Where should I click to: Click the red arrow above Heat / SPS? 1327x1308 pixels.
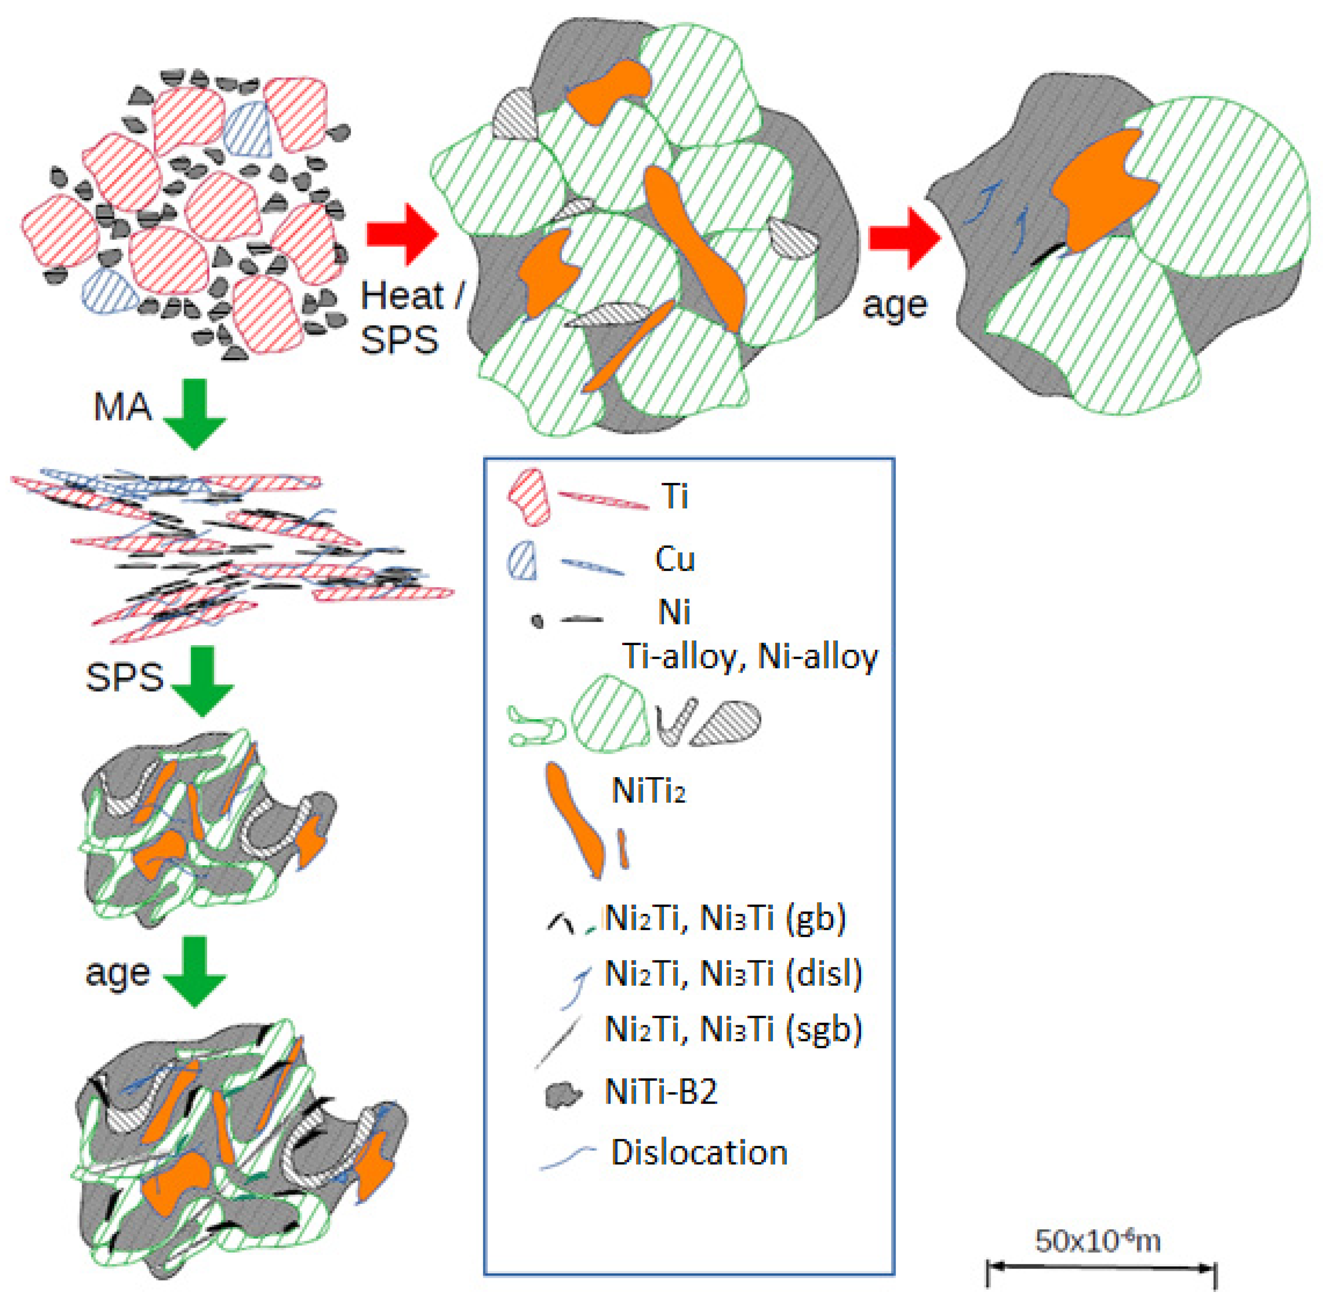pos(402,234)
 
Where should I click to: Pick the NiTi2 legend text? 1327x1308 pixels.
pos(648,792)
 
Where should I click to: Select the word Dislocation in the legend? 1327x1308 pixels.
pos(699,1153)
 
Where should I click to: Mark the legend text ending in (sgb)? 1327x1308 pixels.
pos(733,1029)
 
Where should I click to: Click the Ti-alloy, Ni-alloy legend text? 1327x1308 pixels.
pos(749,657)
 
